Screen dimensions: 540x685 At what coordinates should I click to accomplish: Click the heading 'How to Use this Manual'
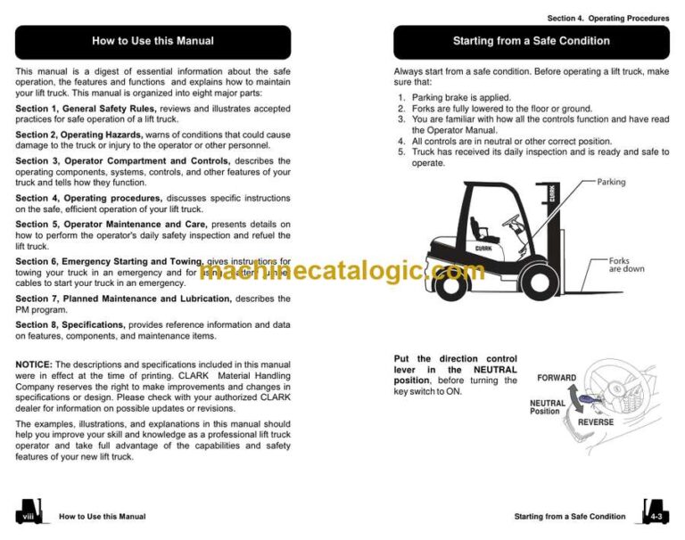tap(153, 41)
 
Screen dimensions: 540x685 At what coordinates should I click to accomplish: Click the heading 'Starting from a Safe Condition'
tap(531, 41)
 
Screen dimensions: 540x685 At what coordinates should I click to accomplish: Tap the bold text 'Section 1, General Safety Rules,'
tap(85, 109)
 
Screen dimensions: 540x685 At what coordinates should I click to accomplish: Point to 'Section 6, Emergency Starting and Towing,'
tap(103, 261)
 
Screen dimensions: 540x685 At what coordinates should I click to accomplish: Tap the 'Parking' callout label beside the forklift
tap(611, 183)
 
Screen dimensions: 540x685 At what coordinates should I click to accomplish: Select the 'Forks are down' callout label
tap(625, 265)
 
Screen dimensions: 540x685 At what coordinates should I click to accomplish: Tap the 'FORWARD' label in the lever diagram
tap(556, 378)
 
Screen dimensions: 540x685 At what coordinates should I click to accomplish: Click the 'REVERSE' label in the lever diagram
tap(596, 421)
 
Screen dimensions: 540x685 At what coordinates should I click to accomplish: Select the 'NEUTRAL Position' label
tap(546, 406)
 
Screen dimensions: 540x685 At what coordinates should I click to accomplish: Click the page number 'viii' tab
tap(29, 515)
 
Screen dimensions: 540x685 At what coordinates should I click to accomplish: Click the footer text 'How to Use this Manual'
tap(102, 516)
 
